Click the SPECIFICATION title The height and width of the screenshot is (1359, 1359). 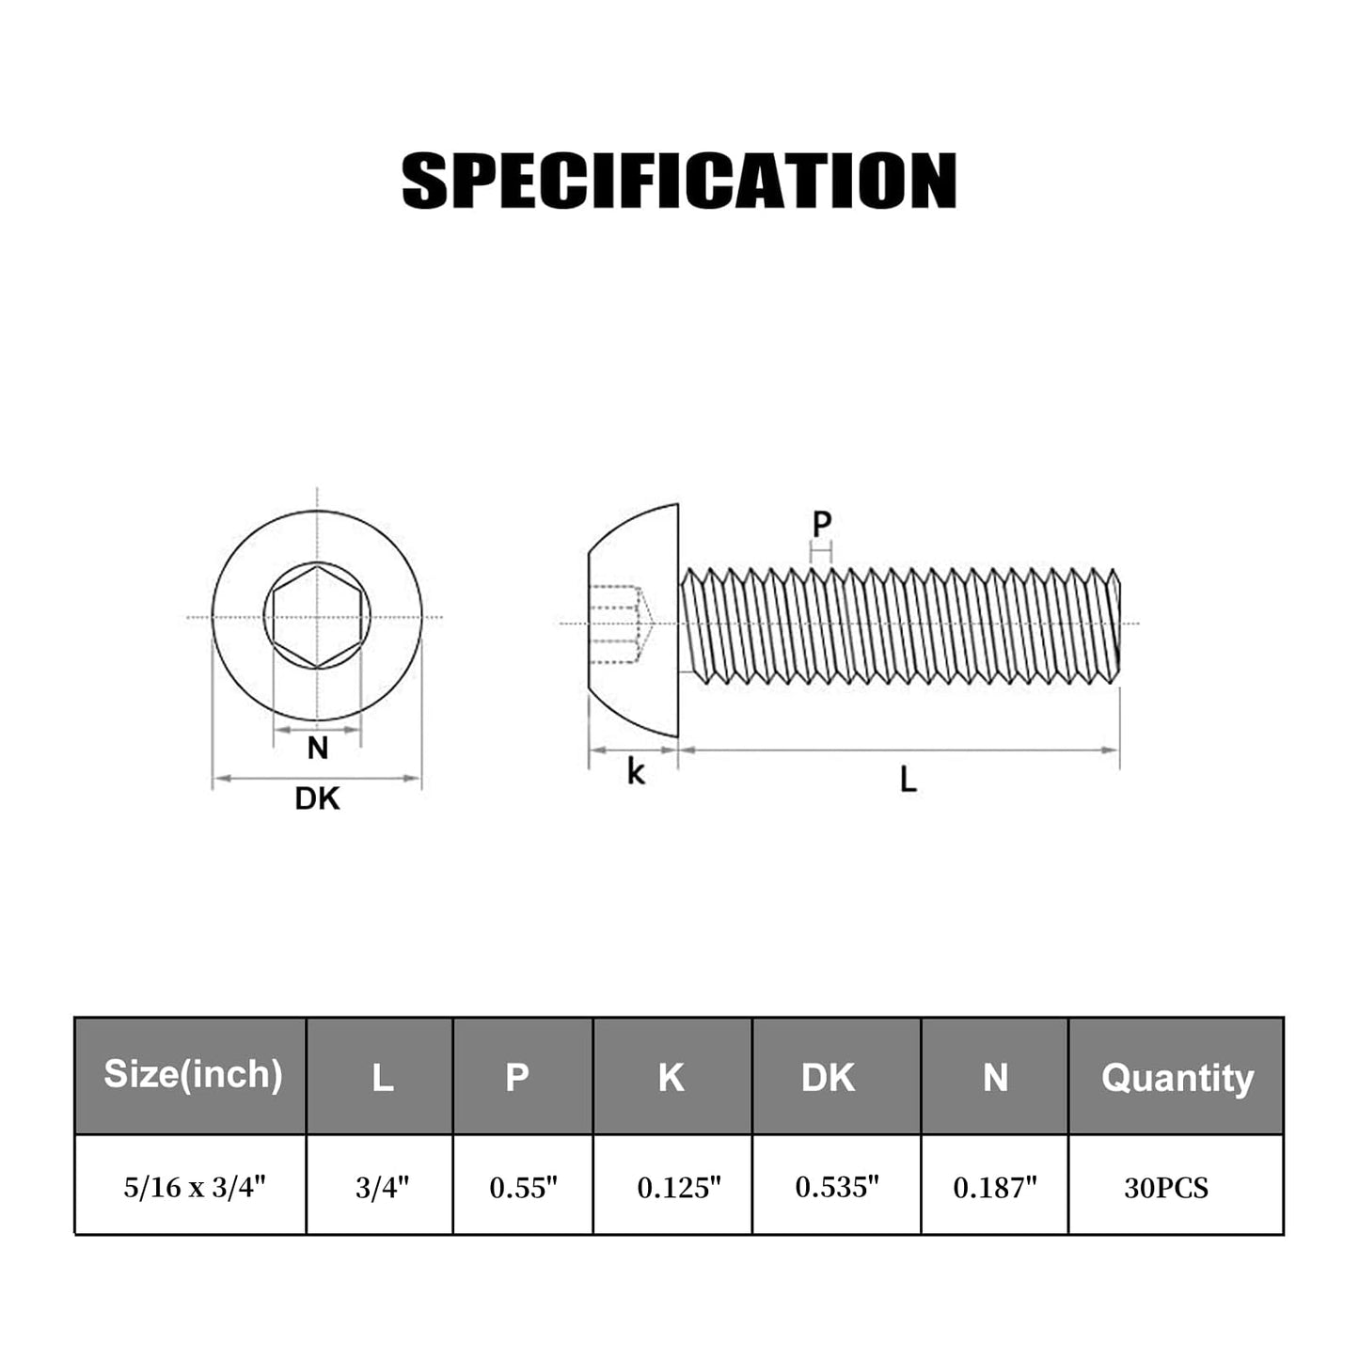(679, 181)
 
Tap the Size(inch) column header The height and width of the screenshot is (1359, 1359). (193, 1074)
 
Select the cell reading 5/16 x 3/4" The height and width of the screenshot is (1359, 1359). (195, 1187)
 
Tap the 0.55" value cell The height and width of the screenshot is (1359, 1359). (524, 1187)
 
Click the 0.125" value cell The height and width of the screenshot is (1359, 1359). (679, 1187)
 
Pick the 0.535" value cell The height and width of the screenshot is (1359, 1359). (837, 1187)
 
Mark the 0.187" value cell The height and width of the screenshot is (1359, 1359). (995, 1187)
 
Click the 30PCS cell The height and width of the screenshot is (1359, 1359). (1166, 1187)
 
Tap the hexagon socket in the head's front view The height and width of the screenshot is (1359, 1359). (317, 617)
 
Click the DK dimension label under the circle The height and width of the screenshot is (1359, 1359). (317, 798)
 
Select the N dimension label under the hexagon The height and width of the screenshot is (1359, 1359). (318, 749)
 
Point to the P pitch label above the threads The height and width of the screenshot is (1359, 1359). (822, 525)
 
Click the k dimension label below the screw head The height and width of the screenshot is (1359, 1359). (637, 772)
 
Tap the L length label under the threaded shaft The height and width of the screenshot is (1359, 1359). (908, 780)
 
